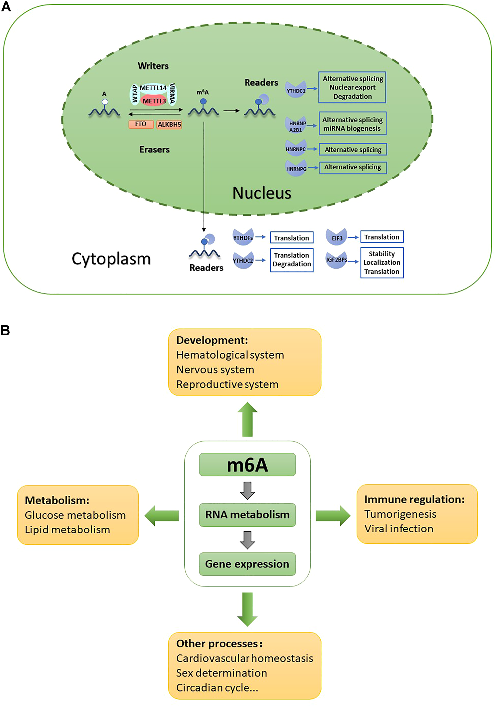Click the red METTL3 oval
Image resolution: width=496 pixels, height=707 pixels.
pos(154,101)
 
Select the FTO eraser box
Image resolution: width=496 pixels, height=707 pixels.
pos(141,124)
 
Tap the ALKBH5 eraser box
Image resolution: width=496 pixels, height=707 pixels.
pos(169,124)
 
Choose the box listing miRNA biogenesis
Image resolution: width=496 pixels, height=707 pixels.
pos(352,124)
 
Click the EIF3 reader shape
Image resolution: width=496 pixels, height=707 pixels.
pos(337,237)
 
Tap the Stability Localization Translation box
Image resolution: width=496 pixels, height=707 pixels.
pos(382,263)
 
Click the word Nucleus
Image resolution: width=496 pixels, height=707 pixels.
pos(262,193)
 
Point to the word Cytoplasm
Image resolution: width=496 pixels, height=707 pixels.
pos(111,259)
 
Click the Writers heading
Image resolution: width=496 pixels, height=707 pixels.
pos(153,66)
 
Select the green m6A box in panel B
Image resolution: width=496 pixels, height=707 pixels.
pos(247,465)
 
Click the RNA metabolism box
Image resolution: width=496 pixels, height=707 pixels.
pos(247,515)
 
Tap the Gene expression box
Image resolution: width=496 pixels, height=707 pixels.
pos(247,564)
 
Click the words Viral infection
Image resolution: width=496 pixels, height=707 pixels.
pos(399,529)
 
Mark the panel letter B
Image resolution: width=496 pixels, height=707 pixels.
pos(5,330)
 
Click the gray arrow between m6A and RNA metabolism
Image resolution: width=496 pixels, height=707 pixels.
pos(247,490)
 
